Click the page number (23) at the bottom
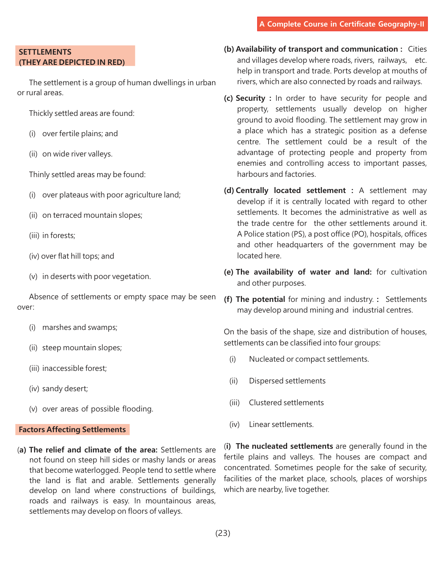coord(223,533)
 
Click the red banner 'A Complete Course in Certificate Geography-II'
coord(342,24)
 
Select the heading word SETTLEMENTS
coord(45,52)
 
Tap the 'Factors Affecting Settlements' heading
coord(72,430)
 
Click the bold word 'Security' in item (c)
coord(250,98)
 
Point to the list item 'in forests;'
coord(59,235)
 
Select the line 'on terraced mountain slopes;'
coord(92,215)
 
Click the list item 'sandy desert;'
coord(65,389)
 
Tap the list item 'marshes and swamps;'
coord(80,327)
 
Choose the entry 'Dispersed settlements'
coord(287,381)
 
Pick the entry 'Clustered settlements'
coord(286,403)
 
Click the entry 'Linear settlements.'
coord(281,424)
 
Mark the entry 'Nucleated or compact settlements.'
coord(309,359)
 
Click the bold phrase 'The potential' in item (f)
coord(260,299)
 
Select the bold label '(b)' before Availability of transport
coord(229,49)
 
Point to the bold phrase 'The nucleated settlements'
coord(284,446)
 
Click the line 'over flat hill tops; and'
coord(78,256)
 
